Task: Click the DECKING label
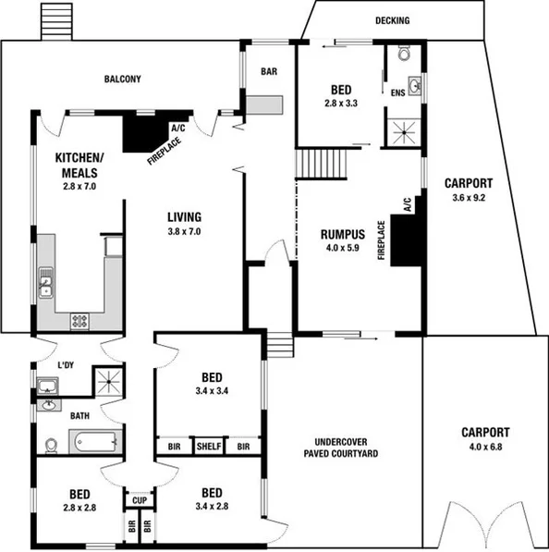pos(392,20)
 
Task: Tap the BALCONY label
pos(122,80)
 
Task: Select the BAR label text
pos(269,71)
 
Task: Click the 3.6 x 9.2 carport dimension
pos(469,197)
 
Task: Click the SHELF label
pos(209,447)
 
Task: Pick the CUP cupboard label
pos(140,500)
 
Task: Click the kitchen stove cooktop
pos(79,321)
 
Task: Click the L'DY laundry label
pos(66,365)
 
